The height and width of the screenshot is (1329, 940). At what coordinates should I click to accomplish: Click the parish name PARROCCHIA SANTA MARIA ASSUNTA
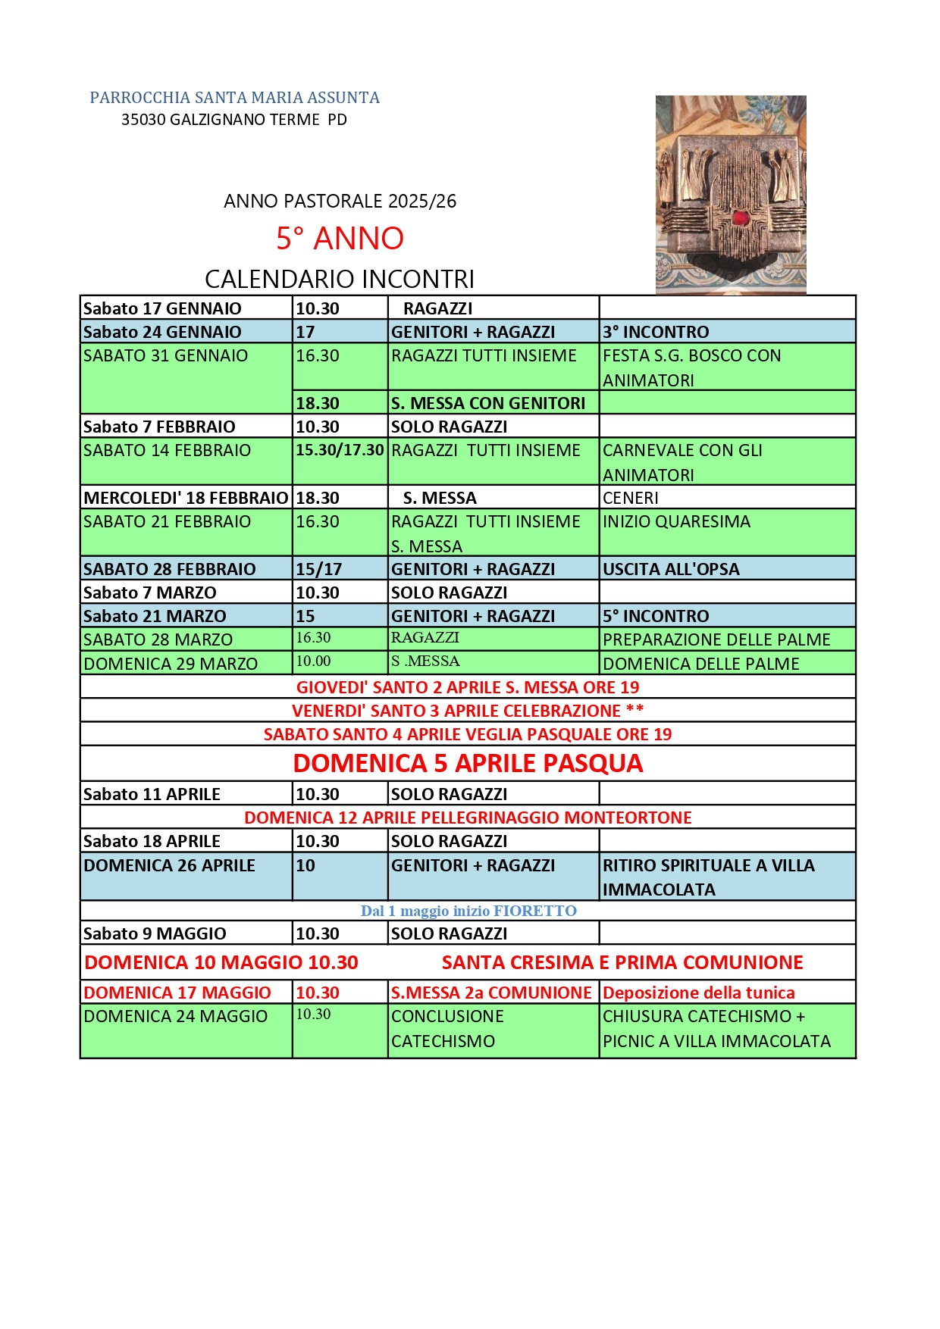[x=234, y=98]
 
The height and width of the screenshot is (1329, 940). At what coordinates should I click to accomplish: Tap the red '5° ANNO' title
[x=340, y=239]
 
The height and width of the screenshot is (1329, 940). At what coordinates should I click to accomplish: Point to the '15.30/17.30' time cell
[x=340, y=450]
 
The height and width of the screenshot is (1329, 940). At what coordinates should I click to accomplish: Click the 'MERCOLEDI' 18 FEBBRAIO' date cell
[x=186, y=498]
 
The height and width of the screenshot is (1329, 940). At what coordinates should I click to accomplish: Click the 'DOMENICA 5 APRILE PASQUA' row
[x=468, y=764]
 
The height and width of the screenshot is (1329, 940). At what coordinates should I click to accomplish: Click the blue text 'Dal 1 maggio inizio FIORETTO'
[x=468, y=911]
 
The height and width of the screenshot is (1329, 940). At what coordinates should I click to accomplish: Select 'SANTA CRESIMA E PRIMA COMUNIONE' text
[x=622, y=962]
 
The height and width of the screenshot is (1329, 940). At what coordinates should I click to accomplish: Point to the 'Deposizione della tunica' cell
[x=698, y=993]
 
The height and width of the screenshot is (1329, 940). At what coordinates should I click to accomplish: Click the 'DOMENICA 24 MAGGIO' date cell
[x=175, y=1016]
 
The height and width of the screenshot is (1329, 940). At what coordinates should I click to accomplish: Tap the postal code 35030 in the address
[x=143, y=120]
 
